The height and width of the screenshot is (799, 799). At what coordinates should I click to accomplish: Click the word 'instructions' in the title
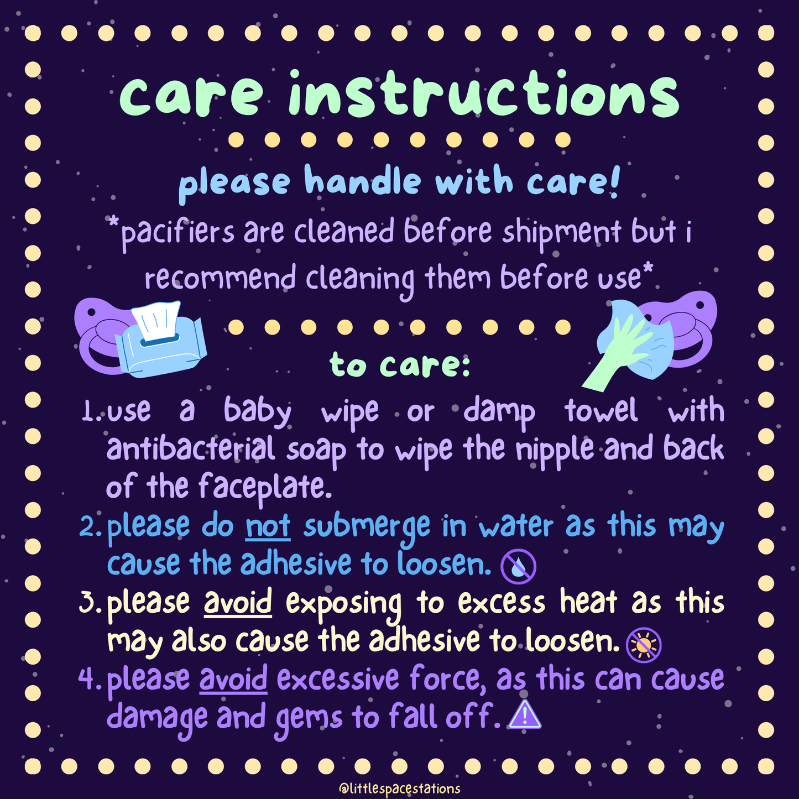pyautogui.click(x=483, y=94)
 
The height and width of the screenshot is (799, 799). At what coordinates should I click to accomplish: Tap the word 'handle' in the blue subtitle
pyautogui.click(x=362, y=180)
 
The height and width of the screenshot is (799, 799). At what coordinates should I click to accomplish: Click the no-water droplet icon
pyautogui.click(x=518, y=566)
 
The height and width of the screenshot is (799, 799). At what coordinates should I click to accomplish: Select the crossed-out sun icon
pyautogui.click(x=644, y=645)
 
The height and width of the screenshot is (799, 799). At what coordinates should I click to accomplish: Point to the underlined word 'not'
pyautogui.click(x=268, y=526)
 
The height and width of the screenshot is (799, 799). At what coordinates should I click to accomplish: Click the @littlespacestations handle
pyautogui.click(x=399, y=788)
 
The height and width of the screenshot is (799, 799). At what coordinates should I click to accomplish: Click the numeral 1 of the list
pyautogui.click(x=88, y=412)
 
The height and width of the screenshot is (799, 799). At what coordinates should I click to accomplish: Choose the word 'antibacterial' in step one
pyautogui.click(x=191, y=448)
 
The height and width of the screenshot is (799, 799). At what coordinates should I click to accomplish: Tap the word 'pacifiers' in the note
pyautogui.click(x=177, y=232)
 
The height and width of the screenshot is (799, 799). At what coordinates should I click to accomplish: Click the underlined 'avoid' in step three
pyautogui.click(x=238, y=602)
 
